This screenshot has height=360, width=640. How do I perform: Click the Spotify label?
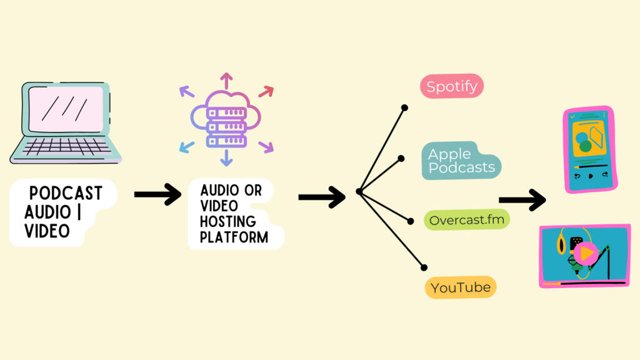point(452,86)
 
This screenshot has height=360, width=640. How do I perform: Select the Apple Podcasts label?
point(461,161)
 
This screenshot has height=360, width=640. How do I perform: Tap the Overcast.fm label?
point(467,220)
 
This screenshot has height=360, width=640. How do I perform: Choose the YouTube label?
point(461,287)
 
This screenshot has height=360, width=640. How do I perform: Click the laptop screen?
point(66,109)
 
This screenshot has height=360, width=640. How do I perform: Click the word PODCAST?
point(66,193)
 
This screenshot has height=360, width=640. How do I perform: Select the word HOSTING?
point(227,222)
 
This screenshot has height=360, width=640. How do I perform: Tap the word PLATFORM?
point(234,237)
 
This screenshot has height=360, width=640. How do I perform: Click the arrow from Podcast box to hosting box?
point(157,194)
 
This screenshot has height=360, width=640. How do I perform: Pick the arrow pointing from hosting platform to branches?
point(322,197)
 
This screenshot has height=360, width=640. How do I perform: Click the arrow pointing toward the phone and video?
point(522,199)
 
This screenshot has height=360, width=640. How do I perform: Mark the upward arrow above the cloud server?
point(226,81)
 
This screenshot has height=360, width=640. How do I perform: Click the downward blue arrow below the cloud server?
point(226,158)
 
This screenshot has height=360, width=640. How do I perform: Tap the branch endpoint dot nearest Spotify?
point(404,107)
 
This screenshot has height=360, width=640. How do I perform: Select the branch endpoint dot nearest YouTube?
point(424,267)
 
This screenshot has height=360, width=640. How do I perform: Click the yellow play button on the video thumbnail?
point(586,254)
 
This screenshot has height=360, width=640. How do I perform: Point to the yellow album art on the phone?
point(589,138)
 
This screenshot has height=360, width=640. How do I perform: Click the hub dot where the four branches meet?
point(359,191)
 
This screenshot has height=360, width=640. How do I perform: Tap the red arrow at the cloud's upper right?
point(266,92)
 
